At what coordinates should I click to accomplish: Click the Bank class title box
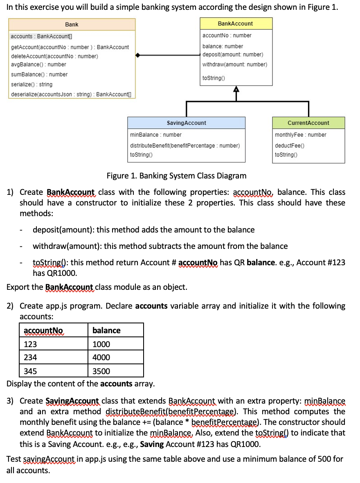coord(72,25)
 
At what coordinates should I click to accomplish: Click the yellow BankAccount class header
coord(236,24)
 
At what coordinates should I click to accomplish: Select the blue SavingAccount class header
coord(187,123)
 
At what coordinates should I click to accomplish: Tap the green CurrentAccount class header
coord(308,123)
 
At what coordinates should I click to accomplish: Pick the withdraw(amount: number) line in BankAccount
coord(234,64)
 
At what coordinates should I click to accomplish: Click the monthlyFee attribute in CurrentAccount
coord(301,135)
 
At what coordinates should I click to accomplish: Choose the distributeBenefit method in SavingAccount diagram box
coord(184,146)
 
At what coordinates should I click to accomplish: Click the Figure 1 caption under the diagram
coord(176,176)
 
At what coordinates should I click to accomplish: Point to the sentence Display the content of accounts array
coord(81,384)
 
